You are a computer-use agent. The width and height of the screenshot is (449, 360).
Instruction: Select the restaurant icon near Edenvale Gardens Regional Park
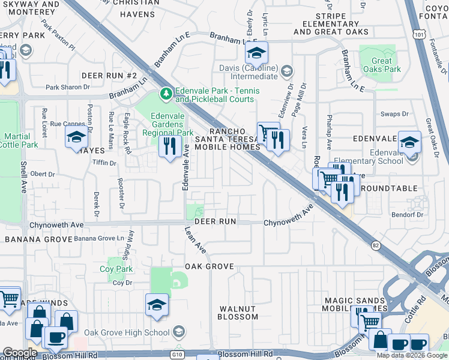pyautogui.click(x=170, y=146)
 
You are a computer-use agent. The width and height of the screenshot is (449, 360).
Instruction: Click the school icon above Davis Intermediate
pyautogui.click(x=256, y=53)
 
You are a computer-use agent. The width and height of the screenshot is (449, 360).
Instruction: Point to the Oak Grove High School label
pyautogui.click(x=127, y=333)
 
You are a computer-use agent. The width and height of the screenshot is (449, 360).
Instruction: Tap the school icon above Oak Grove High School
pyautogui.click(x=157, y=305)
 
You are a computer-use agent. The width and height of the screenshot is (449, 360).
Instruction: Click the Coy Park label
pyautogui.click(x=116, y=269)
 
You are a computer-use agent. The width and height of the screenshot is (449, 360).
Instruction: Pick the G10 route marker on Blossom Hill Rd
pyautogui.click(x=178, y=355)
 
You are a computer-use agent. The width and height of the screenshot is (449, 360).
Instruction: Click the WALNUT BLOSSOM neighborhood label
pyautogui.click(x=237, y=313)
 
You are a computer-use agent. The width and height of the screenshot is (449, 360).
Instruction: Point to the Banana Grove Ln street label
pyautogui.click(x=103, y=239)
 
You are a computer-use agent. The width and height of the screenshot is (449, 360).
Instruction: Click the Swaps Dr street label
pyautogui.click(x=394, y=114)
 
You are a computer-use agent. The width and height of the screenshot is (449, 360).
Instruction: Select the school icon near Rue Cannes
pyautogui.click(x=76, y=138)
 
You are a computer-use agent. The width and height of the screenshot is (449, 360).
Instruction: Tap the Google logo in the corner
pyautogui.click(x=19, y=352)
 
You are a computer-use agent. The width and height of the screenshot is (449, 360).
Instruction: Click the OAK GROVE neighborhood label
pyautogui.click(x=208, y=266)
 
